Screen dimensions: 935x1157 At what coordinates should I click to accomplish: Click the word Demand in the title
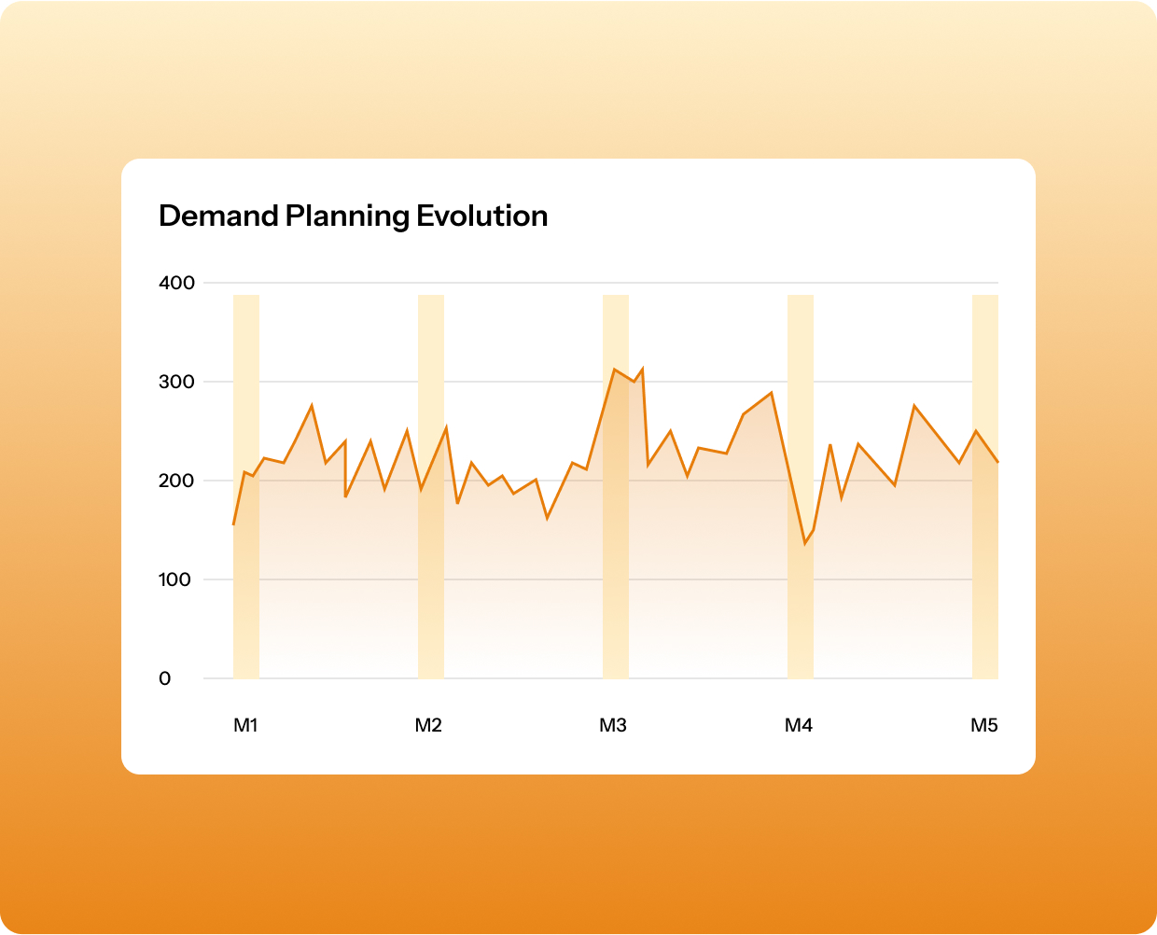click(x=218, y=216)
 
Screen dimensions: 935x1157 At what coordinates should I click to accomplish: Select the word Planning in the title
click(x=348, y=216)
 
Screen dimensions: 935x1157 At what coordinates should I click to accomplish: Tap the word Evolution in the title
click(x=481, y=216)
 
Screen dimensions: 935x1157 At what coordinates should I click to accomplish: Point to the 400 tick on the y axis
click(x=177, y=283)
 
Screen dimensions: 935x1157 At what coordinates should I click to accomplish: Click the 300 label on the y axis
click(x=177, y=382)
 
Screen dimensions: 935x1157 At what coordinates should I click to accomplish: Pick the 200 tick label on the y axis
click(x=177, y=481)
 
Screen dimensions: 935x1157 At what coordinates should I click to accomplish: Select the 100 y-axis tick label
click(x=174, y=579)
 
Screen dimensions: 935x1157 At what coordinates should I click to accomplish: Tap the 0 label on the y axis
click(x=165, y=678)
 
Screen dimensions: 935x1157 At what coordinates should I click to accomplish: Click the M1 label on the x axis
click(x=245, y=725)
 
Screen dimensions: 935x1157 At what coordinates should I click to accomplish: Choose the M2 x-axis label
click(x=428, y=725)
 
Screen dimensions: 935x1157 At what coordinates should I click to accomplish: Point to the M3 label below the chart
click(x=613, y=725)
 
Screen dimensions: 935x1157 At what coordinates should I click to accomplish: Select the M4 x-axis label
click(x=799, y=725)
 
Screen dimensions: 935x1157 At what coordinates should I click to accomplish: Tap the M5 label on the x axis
click(x=984, y=725)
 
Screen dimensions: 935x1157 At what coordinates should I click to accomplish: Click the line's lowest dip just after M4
click(x=804, y=543)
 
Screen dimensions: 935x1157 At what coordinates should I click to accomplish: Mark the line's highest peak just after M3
click(x=643, y=368)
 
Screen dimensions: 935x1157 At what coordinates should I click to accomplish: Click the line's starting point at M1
click(x=233, y=524)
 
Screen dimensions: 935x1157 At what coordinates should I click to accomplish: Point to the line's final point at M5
click(x=997, y=462)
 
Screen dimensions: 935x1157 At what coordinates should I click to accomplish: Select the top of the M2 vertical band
click(x=430, y=297)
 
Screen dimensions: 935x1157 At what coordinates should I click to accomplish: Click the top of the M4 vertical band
click(x=801, y=297)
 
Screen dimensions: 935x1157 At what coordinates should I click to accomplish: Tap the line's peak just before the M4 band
click(x=772, y=392)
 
